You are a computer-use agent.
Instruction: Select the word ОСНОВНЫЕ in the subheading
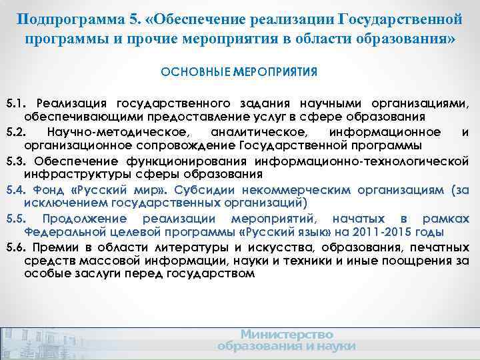tap(194, 71)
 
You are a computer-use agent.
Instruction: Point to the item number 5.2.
tap(15, 132)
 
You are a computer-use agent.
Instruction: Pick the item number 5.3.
tap(15, 161)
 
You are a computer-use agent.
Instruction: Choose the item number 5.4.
tap(15, 189)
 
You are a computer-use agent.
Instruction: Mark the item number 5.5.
tap(15, 219)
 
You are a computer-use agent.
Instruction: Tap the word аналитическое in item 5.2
tap(253, 132)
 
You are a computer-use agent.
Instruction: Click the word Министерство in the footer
tap(287, 334)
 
